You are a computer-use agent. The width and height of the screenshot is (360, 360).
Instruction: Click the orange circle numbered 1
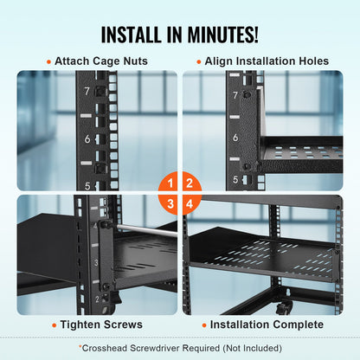(x=170, y=183)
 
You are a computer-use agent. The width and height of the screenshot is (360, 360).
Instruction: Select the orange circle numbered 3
(x=170, y=202)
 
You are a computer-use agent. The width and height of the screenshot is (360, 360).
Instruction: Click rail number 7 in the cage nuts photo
(x=88, y=91)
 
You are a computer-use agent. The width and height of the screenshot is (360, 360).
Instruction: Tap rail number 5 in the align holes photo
(x=236, y=179)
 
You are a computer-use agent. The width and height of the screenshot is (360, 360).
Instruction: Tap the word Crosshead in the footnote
(x=105, y=348)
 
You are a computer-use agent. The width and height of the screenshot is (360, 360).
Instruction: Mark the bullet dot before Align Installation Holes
(x=198, y=61)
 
